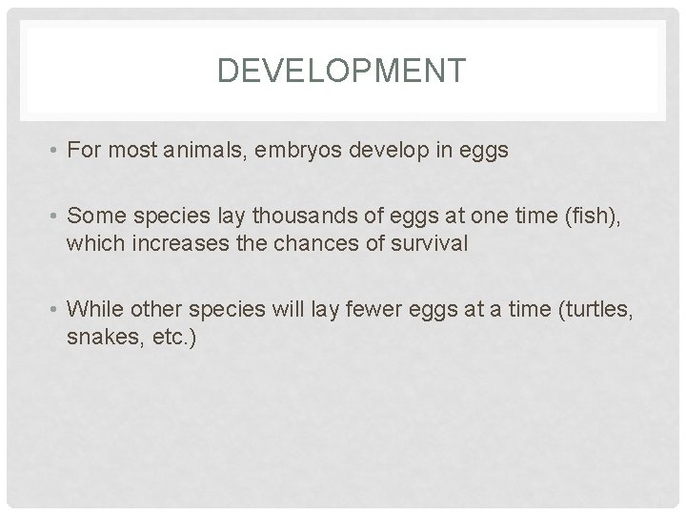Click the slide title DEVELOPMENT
(343, 71)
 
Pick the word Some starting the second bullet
(92, 216)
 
